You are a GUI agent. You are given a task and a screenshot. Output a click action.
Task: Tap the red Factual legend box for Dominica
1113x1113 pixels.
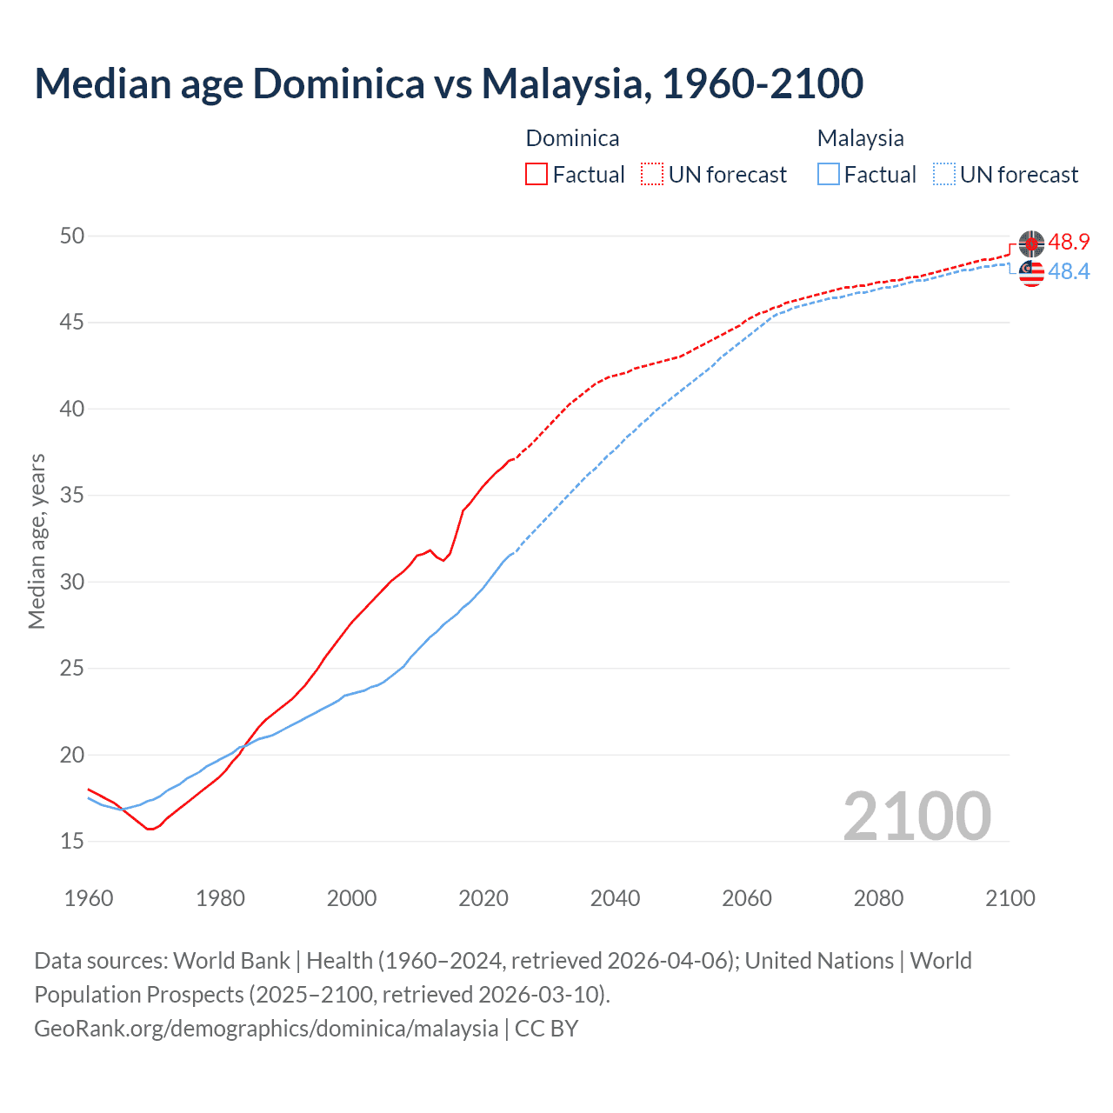537,175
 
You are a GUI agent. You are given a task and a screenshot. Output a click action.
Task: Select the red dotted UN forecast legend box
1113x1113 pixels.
652,175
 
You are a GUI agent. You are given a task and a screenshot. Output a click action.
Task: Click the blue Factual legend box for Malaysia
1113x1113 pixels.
829,175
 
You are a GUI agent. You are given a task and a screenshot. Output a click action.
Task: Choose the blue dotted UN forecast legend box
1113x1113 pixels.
944,175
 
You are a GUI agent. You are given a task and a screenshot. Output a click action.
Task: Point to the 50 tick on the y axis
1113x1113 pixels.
72,237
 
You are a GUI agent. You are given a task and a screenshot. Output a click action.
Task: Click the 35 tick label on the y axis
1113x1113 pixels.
72,496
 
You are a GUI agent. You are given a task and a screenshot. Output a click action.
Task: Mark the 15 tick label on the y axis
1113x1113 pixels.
72,841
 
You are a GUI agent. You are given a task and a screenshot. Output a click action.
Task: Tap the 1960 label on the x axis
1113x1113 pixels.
89,898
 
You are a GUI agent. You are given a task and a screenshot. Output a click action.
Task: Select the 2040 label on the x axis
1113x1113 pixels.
615,898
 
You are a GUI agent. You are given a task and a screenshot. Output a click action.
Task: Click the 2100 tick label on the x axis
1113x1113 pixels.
1010,898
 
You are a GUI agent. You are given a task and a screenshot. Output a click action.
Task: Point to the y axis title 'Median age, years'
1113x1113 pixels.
37,541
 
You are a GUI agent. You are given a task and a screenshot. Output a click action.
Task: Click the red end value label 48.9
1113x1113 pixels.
1069,243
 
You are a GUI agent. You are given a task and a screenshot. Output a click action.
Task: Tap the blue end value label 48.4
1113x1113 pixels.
1069,272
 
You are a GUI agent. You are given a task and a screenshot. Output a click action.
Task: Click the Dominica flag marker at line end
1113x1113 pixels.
1031,244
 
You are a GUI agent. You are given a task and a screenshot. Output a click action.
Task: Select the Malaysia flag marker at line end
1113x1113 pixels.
1031,273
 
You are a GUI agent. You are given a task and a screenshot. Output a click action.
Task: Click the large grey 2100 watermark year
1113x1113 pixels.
916,816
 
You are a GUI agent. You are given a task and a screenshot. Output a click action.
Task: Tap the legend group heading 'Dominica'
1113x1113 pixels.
572,138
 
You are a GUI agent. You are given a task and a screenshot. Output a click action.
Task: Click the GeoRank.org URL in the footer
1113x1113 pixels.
266,1029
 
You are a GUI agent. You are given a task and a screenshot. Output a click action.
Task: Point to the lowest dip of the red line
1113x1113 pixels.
150,829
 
